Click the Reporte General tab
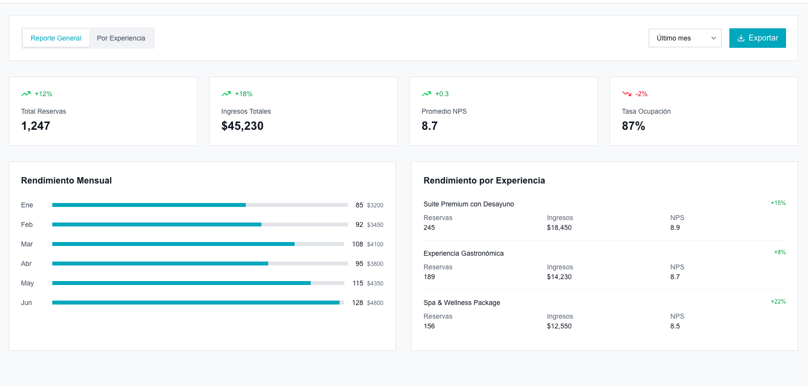click(x=56, y=38)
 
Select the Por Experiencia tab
click(x=121, y=38)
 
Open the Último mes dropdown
click(x=684, y=38)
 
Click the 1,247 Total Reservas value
click(x=36, y=126)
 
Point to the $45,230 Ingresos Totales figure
click(x=242, y=126)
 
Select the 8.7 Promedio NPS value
click(x=429, y=126)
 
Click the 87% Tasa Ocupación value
click(x=633, y=126)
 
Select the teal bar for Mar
click(x=173, y=244)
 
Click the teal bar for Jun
click(x=195, y=303)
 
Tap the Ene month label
click(x=27, y=205)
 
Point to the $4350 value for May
click(x=375, y=284)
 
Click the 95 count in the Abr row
click(x=359, y=264)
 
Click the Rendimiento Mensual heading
click(x=66, y=181)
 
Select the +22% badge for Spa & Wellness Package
click(x=778, y=302)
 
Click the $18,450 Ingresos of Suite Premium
click(x=559, y=227)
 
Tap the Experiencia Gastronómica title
click(x=463, y=253)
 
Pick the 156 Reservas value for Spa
click(x=429, y=326)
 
